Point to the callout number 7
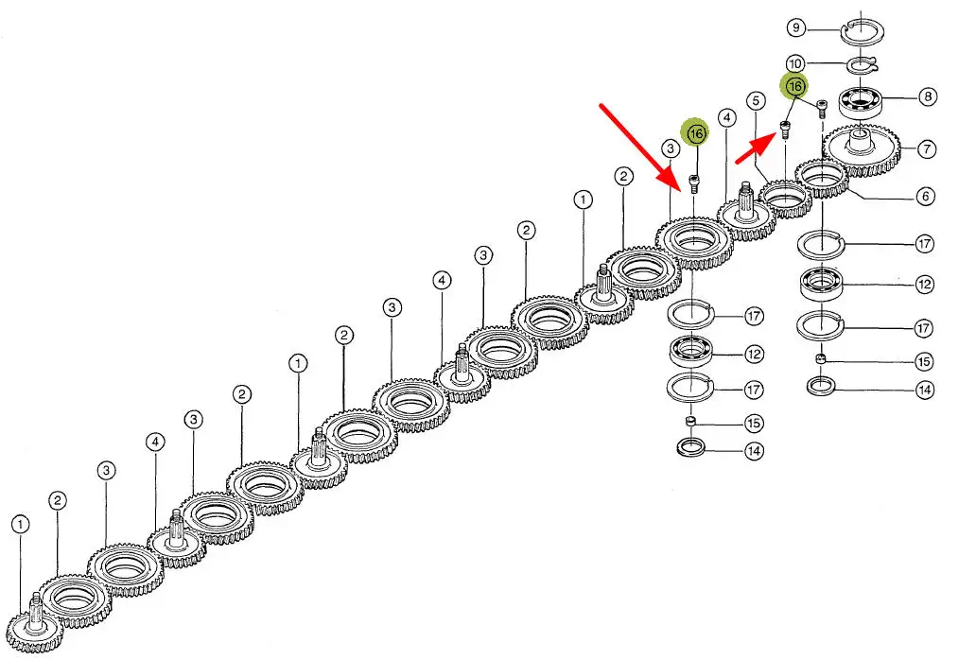click(x=927, y=148)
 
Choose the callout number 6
click(x=925, y=197)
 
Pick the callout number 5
click(x=755, y=100)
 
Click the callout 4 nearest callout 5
click(x=726, y=118)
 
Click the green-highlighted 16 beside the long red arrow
click(x=696, y=134)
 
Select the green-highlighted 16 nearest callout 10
click(x=794, y=87)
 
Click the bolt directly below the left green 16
click(x=696, y=181)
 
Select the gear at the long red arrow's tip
click(x=696, y=241)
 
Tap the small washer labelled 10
click(x=860, y=64)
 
